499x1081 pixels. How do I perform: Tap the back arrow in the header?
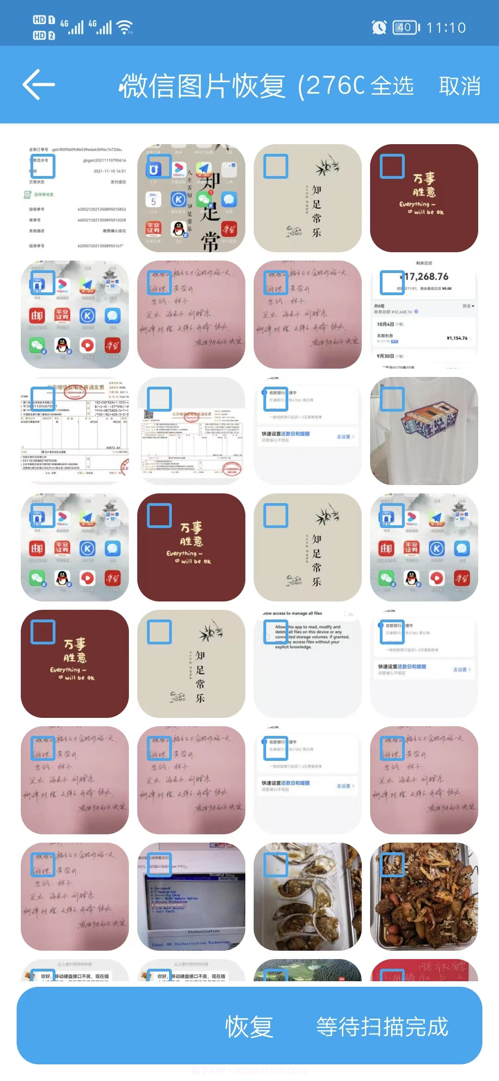(x=39, y=85)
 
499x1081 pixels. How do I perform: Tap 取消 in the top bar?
(x=459, y=86)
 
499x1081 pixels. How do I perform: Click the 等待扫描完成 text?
(x=382, y=1026)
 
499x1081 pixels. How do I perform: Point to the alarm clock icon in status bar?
(x=379, y=28)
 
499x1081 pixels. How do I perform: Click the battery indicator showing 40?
(x=406, y=28)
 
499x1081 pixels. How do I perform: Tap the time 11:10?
(x=446, y=28)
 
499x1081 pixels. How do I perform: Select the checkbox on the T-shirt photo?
(x=392, y=399)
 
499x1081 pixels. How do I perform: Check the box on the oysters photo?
(x=276, y=865)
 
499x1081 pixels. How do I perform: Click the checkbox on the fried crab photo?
(x=392, y=865)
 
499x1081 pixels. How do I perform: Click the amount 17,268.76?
(x=426, y=277)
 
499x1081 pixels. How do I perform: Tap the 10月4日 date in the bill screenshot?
(x=385, y=324)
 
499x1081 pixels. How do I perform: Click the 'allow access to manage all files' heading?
(x=292, y=613)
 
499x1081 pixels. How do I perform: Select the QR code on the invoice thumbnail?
(x=149, y=414)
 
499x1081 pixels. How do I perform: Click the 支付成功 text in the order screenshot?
(x=118, y=182)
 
